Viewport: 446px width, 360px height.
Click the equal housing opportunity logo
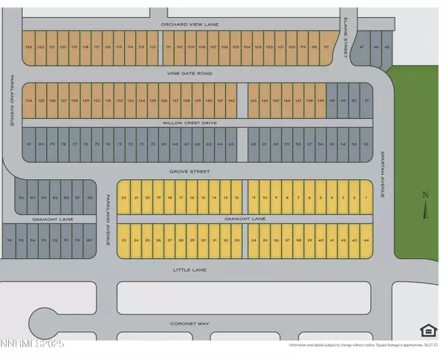coord(427,330)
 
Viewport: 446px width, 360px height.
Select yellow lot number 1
coord(365,197)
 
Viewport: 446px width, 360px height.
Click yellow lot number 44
coord(365,240)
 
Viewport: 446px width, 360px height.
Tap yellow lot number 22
coord(123,197)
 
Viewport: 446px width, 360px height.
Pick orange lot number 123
coord(28,47)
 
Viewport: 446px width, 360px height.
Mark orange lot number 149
coord(320,100)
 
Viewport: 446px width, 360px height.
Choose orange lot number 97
coord(326,47)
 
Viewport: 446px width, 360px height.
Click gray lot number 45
coord(387,47)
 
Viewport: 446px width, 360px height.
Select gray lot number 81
coord(29,144)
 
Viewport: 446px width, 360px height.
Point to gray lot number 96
coord(9,240)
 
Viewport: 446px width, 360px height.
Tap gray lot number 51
coord(366,100)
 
